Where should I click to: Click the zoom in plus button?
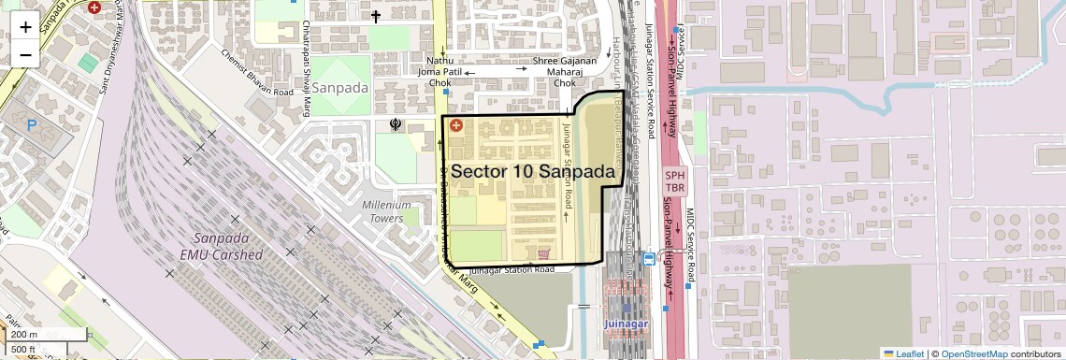click(25, 26)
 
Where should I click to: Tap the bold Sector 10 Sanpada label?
click(537, 172)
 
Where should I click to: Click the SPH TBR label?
click(676, 180)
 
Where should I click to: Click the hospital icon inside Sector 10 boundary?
click(456, 125)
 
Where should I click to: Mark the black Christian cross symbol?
click(376, 16)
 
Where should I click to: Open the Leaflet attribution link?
click(903, 353)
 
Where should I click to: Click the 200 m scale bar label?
click(24, 335)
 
